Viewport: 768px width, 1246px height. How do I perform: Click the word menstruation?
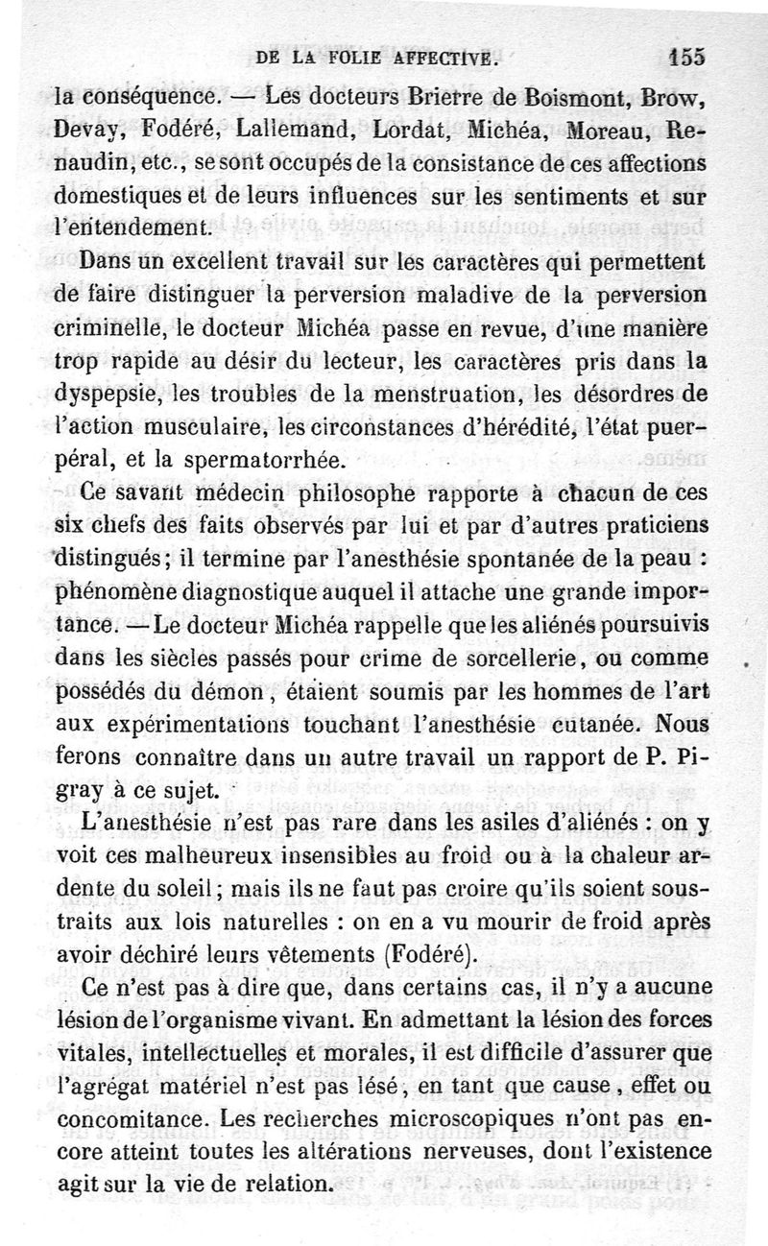point(500,394)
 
